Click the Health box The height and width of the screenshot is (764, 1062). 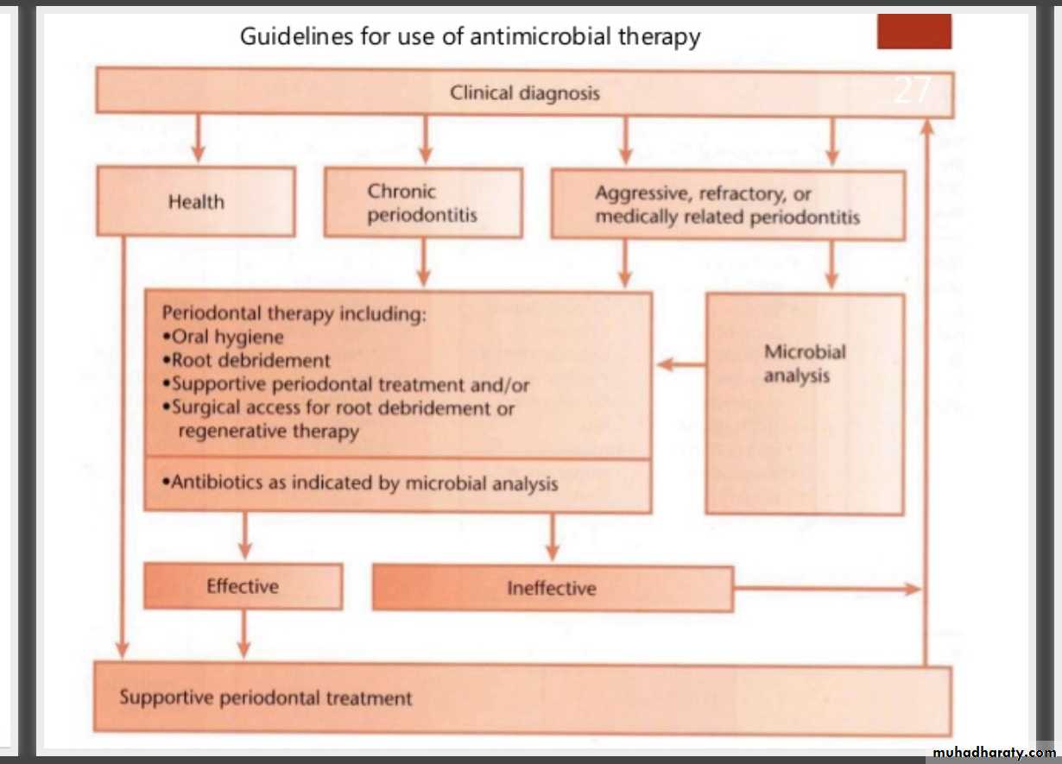click(196, 202)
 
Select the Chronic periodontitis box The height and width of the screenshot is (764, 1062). click(423, 204)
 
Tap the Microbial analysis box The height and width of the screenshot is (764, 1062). click(805, 404)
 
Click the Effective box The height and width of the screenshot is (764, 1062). click(243, 587)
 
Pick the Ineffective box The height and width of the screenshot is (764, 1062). click(552, 589)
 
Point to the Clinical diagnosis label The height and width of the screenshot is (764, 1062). click(524, 93)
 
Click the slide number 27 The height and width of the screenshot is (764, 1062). click(913, 90)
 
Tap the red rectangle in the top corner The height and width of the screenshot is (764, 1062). click(914, 32)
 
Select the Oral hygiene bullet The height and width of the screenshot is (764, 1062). click(223, 338)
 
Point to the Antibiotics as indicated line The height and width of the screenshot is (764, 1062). click(360, 483)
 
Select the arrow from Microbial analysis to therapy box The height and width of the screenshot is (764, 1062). click(680, 365)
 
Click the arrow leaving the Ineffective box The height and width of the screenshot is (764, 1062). click(826, 589)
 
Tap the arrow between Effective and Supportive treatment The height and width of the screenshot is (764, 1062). click(243, 635)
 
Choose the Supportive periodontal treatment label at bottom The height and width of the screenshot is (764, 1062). click(266, 698)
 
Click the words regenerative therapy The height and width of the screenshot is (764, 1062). click(268, 431)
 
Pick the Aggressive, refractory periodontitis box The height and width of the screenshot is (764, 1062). click(727, 205)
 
